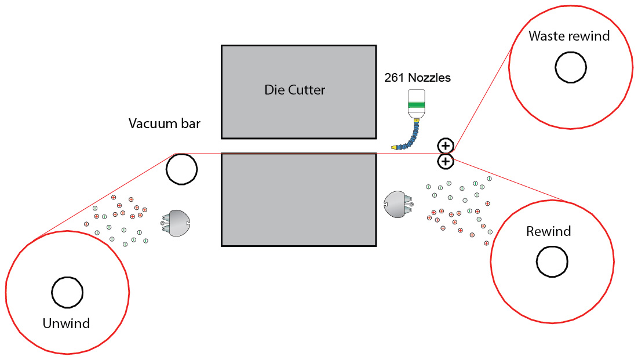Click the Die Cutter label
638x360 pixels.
tap(294, 90)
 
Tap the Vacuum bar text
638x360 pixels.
tap(165, 123)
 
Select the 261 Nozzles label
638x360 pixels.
tap(417, 77)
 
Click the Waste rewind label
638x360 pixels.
tap(569, 36)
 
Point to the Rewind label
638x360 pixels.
tap(549, 231)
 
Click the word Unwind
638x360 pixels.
tap(66, 323)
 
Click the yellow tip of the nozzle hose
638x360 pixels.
tap(394, 147)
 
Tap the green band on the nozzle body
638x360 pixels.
tap(416, 105)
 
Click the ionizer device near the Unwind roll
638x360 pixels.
tap(176, 223)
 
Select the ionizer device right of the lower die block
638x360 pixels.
tap(399, 204)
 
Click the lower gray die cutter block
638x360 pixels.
tap(298, 199)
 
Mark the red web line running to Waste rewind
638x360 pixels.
tap(482, 100)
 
